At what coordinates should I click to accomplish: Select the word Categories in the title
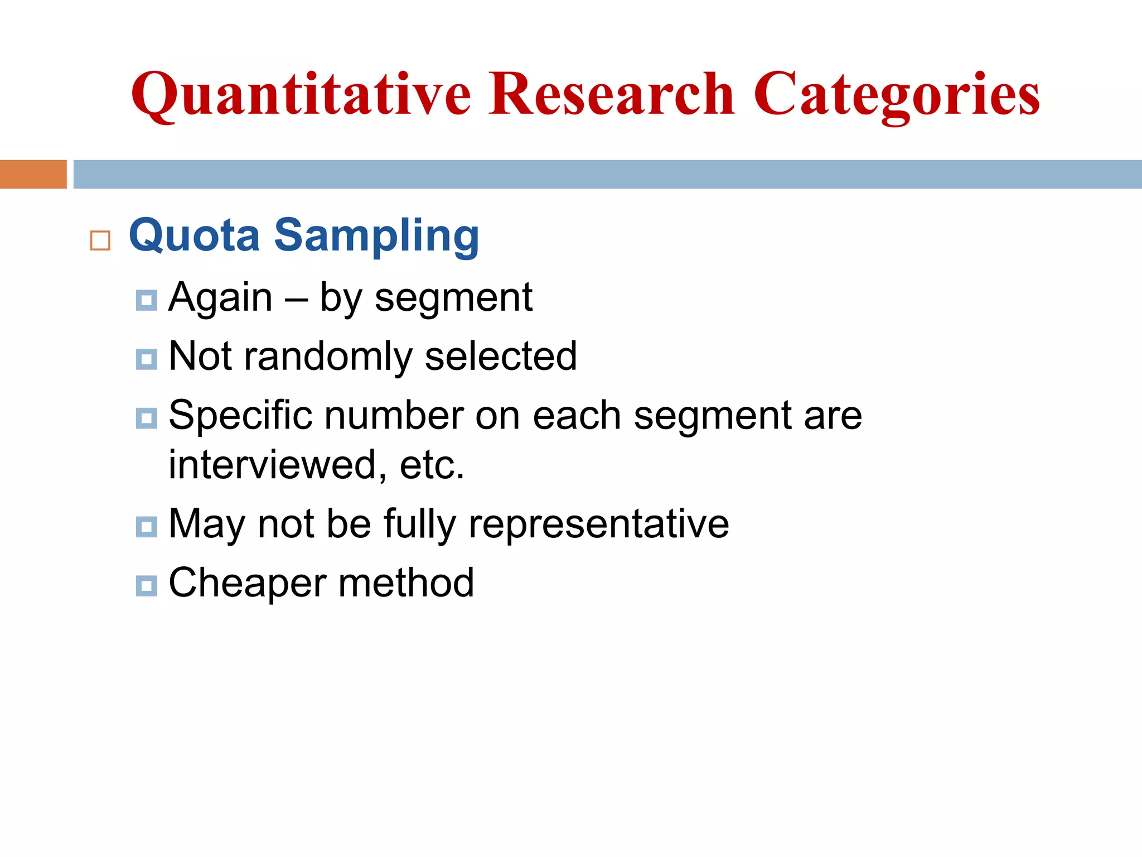click(x=897, y=95)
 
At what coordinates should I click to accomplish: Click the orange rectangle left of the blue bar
click(x=33, y=174)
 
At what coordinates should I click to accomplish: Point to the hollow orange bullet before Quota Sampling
click(x=100, y=240)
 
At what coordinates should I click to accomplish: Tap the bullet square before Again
click(x=146, y=300)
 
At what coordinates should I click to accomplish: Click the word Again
click(x=221, y=298)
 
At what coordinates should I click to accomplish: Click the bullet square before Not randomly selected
click(x=146, y=359)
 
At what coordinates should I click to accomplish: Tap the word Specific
click(x=240, y=416)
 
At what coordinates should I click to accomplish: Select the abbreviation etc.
click(x=432, y=465)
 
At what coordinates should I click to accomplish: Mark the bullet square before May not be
click(x=146, y=527)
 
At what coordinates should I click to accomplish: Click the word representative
click(x=598, y=524)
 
